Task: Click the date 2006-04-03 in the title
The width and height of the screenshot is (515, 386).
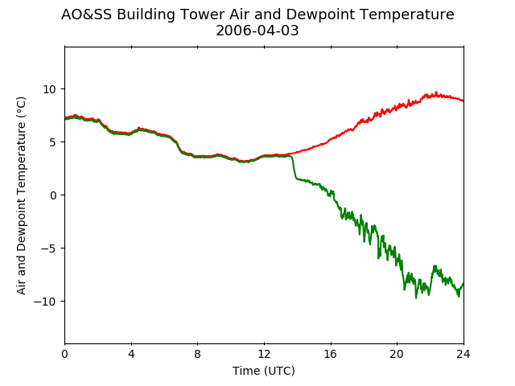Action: coord(257,31)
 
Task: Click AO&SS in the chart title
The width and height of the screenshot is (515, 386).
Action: coord(86,14)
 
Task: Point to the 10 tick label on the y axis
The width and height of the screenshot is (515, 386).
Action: coord(50,89)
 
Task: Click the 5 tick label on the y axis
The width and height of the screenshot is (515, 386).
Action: coord(53,142)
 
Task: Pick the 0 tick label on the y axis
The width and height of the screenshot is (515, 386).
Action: coord(53,195)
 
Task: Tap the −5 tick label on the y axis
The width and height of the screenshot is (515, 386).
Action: coord(48,248)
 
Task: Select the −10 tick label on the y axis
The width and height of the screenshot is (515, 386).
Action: coord(45,302)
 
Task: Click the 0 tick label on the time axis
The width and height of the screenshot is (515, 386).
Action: coord(64,354)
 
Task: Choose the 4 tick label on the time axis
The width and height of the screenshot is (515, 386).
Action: coord(131,354)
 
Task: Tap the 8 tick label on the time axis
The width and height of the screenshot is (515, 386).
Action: coord(198,354)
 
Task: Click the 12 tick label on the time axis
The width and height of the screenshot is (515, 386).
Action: coord(265,354)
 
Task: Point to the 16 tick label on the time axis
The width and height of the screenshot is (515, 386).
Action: coord(331,354)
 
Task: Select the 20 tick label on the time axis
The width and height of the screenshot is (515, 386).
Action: coord(398,354)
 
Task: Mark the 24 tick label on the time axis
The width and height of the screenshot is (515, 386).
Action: coord(463,354)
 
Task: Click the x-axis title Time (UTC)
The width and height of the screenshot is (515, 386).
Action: coord(264,371)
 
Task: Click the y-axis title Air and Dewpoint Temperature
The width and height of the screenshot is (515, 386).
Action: coord(21,195)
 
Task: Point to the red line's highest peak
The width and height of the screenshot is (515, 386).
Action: coord(436,92)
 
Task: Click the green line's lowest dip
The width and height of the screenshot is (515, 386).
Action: coord(416,298)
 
